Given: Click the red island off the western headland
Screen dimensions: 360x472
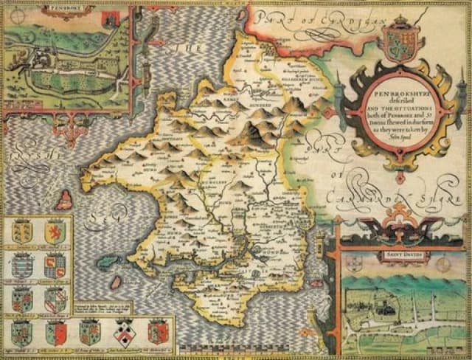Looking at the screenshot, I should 66,198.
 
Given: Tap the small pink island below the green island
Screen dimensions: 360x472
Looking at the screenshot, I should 116,283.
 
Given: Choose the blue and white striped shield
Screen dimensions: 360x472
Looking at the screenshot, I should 23,266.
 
